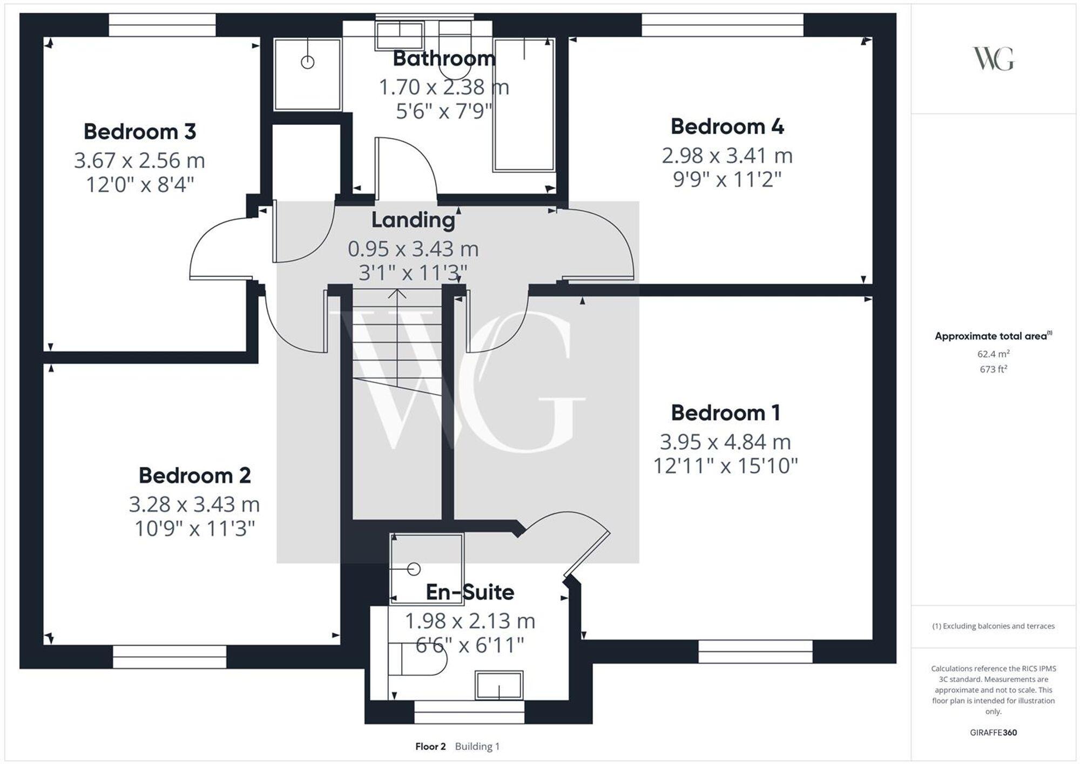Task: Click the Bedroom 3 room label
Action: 139,132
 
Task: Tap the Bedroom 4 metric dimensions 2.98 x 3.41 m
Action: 727,156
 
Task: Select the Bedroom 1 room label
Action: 725,413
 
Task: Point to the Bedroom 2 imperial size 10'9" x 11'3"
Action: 194,529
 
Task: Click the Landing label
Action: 413,220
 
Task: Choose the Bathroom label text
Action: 444,58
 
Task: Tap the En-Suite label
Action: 470,592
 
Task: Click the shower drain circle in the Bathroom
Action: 307,63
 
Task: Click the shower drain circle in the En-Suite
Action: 414,569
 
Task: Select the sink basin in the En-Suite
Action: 498,686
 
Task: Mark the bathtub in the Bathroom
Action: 524,105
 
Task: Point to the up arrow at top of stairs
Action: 397,294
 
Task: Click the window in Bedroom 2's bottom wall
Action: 170,657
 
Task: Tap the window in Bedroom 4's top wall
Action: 722,25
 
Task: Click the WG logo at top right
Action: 993,58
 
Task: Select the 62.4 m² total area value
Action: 993,354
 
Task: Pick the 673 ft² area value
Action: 993,369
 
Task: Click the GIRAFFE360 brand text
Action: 993,733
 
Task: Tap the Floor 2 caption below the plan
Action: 430,747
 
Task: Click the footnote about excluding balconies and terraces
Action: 993,626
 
